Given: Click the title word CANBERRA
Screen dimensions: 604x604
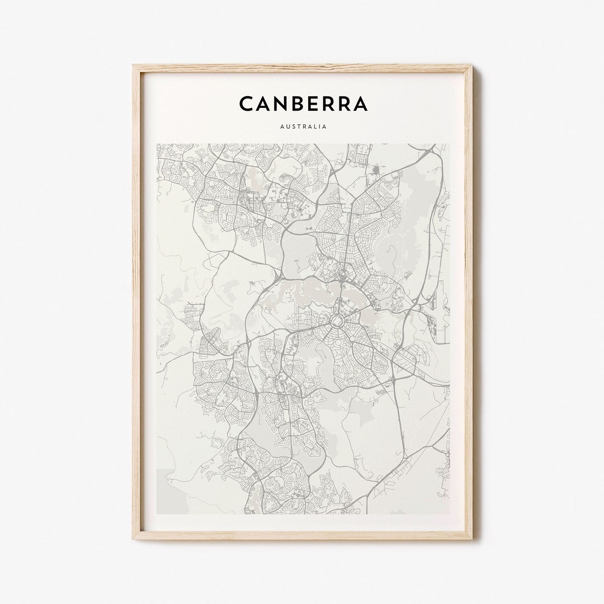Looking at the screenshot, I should tap(303, 103).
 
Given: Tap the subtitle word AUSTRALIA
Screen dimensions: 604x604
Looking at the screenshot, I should tap(303, 126).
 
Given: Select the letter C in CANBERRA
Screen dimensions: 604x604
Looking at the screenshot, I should tap(246, 103).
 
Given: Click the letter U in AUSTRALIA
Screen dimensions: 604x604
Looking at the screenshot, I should tap(287, 126).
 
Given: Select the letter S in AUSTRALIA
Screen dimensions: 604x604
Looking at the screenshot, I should tap(292, 126).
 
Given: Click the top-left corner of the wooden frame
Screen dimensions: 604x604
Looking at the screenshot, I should tap(133, 65).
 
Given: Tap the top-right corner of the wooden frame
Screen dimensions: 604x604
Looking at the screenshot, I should tap(473, 65).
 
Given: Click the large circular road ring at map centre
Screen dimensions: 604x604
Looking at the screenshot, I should tap(338, 320).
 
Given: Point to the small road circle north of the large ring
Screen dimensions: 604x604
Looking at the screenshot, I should tap(342, 275).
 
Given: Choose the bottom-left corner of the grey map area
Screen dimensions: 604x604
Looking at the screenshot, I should tap(157, 513).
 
